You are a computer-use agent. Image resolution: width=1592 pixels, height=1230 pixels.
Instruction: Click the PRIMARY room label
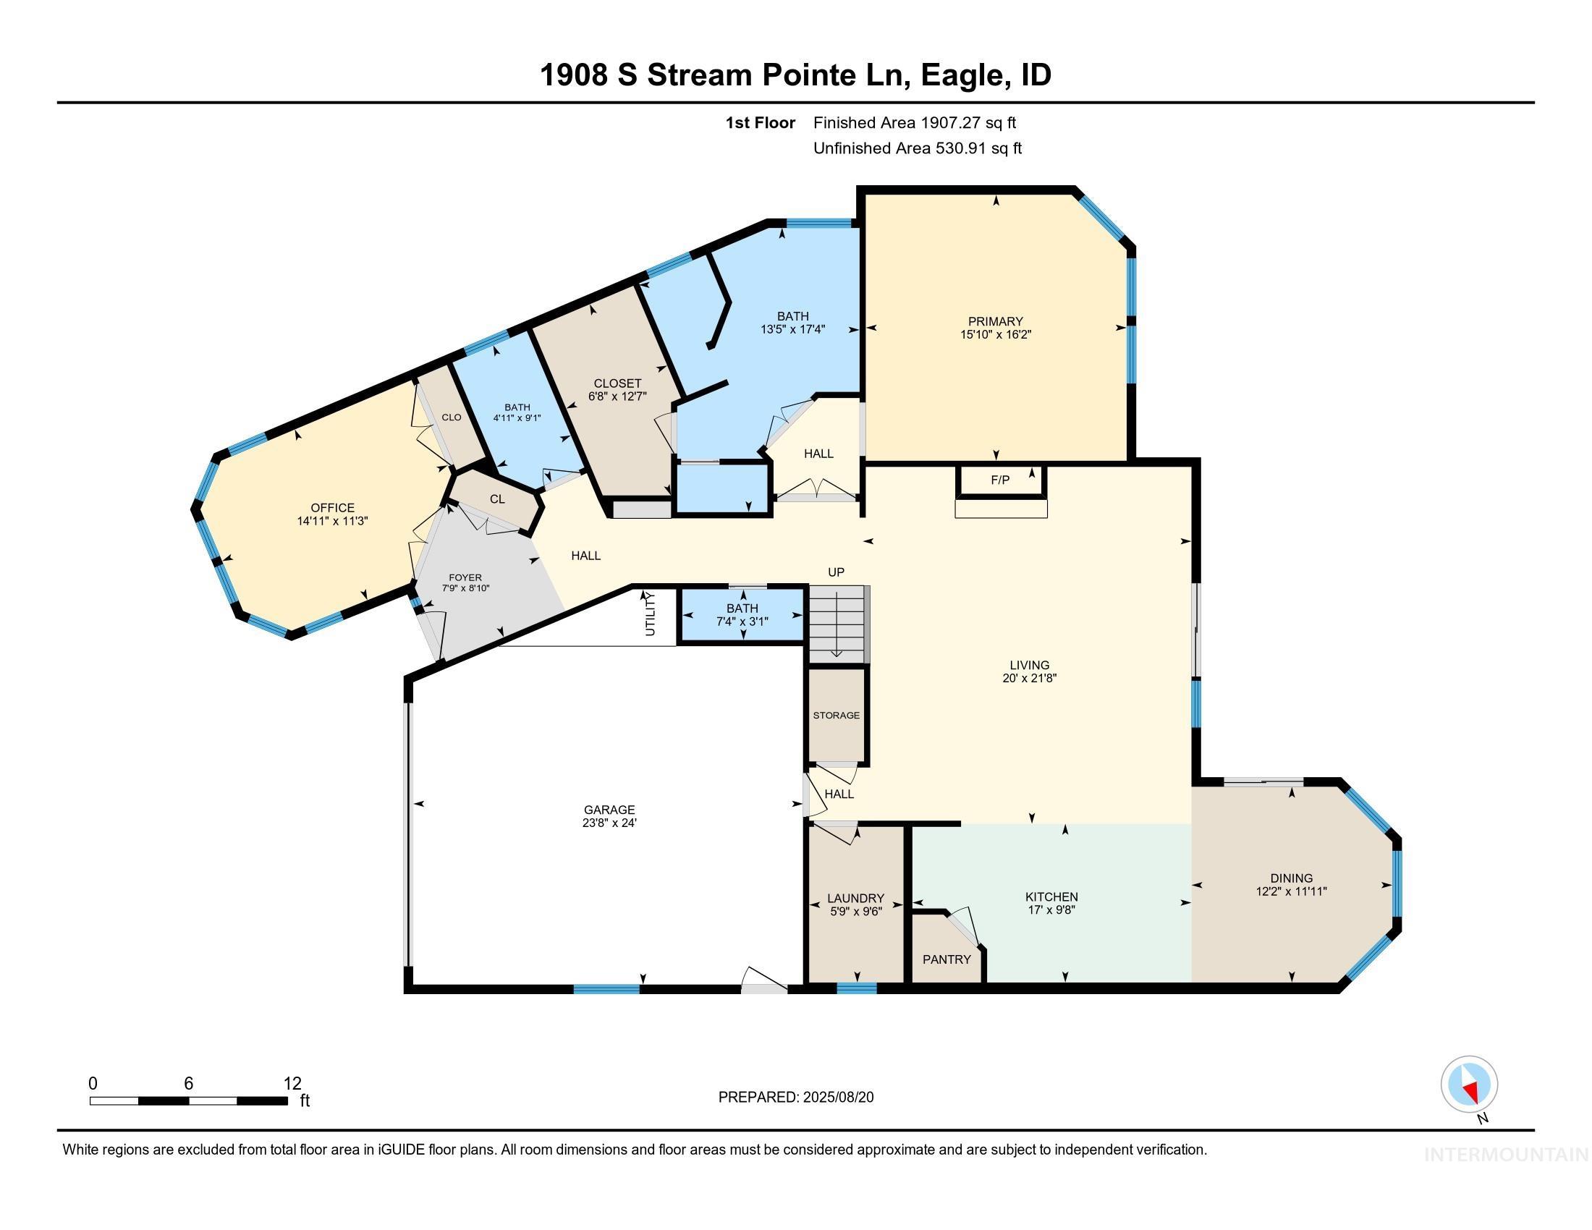tap(995, 321)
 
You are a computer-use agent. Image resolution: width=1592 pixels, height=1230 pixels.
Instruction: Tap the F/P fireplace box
tap(1000, 480)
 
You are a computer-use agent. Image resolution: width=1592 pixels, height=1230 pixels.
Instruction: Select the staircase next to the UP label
tap(837, 622)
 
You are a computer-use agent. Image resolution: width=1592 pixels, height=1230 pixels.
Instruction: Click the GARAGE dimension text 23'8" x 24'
tap(609, 823)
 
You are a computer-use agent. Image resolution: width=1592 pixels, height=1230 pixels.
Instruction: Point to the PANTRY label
tap(947, 959)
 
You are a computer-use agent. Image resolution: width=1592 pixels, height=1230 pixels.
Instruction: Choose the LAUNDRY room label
tap(855, 899)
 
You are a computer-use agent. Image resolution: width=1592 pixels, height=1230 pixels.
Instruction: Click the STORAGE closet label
tap(836, 715)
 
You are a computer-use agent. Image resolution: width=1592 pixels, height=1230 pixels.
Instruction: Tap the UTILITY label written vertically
tap(651, 614)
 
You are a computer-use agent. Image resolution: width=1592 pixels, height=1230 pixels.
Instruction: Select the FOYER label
tap(465, 577)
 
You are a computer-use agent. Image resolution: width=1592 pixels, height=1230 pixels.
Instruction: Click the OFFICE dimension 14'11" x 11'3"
tap(332, 521)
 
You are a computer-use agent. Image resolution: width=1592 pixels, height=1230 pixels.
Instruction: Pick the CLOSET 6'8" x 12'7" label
tap(617, 390)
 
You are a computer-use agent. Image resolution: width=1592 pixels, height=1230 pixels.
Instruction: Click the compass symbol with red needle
tap(1469, 1084)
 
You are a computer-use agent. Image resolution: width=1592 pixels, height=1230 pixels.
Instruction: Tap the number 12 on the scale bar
tap(292, 1083)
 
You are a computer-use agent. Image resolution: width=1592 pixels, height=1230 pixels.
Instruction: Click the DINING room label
tap(1291, 878)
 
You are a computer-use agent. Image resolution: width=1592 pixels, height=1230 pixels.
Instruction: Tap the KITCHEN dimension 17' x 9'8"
tap(1051, 909)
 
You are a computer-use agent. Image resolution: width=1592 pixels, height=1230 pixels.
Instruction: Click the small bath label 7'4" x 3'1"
tap(742, 622)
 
